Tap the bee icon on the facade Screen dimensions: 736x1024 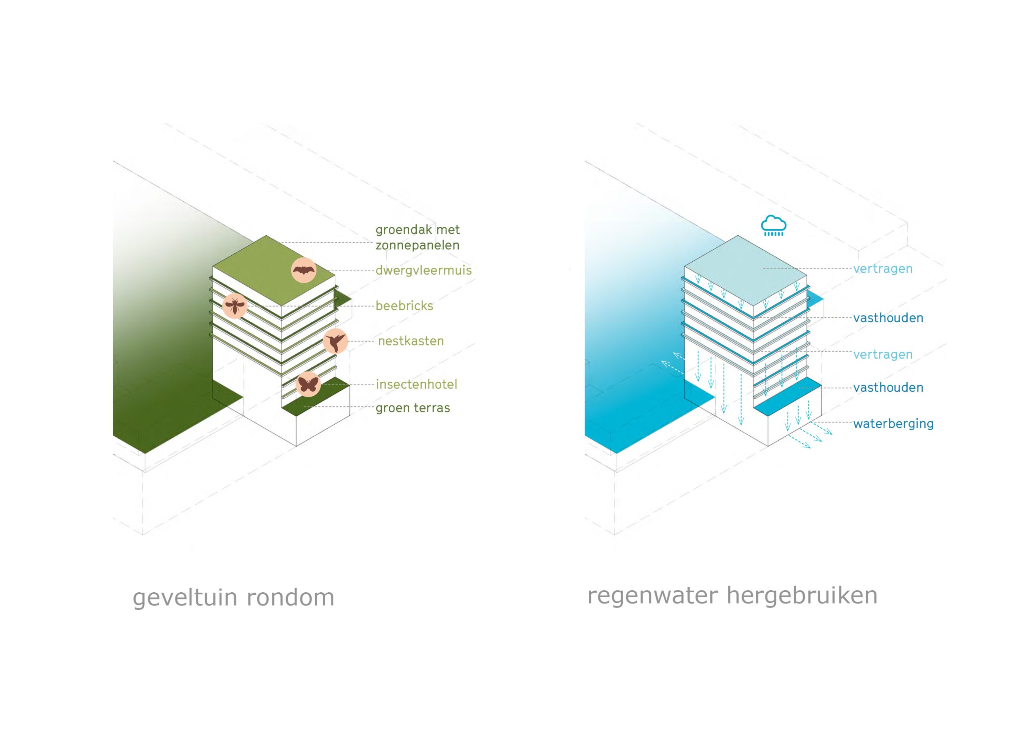tap(235, 306)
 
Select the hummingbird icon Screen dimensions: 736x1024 tap(335, 341)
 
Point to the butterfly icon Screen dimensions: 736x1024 tap(308, 385)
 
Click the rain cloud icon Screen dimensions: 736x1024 tap(774, 225)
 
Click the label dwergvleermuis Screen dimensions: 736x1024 tap(423, 270)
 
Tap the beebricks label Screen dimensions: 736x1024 tap(404, 306)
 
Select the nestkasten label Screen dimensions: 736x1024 tap(411, 341)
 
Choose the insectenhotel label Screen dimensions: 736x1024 tap(416, 385)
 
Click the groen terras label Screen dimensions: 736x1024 tap(413, 408)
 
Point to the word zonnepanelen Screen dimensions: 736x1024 tap(417, 245)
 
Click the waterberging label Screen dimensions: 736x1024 tap(893, 424)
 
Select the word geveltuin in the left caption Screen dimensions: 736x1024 tap(185, 598)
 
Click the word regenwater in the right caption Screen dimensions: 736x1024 tap(652, 596)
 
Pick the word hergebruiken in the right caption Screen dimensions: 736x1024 tap(802, 596)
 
